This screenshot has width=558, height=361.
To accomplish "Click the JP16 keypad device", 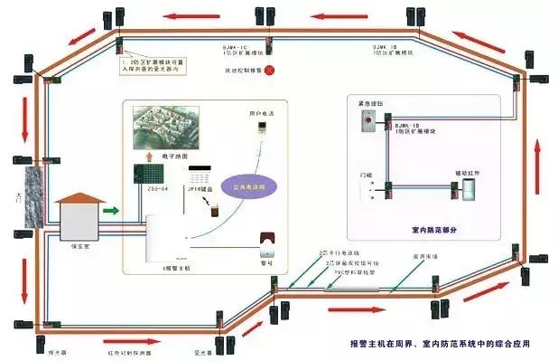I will tap(201, 174).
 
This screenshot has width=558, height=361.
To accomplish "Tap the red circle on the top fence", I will tap(267, 68).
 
